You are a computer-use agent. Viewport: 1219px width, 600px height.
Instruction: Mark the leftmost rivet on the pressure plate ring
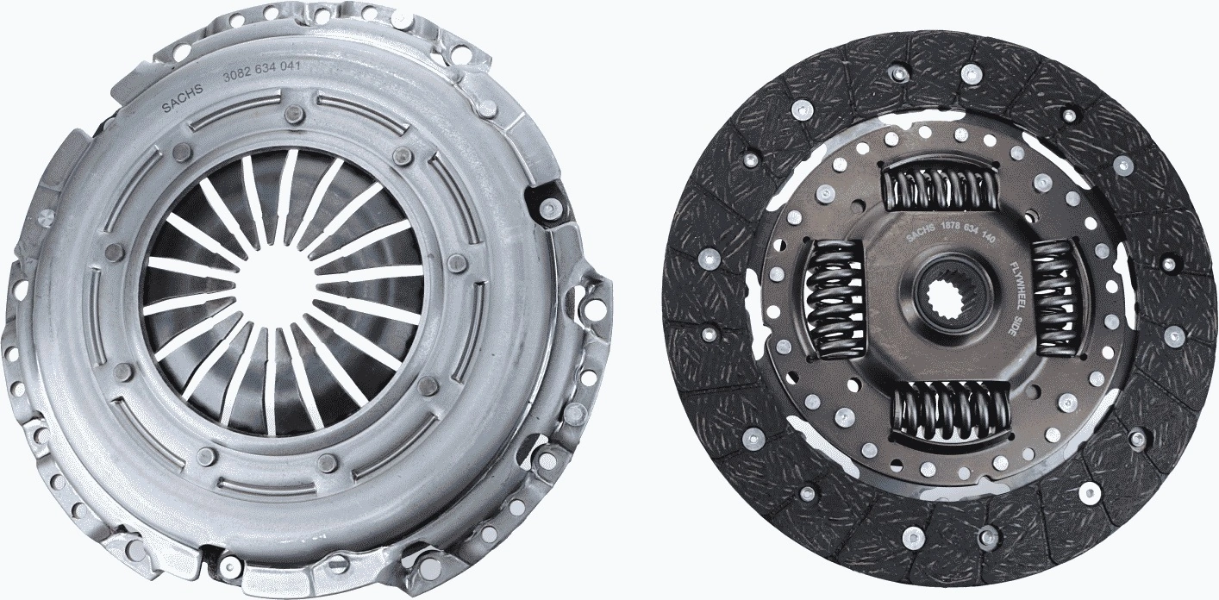(111, 253)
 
